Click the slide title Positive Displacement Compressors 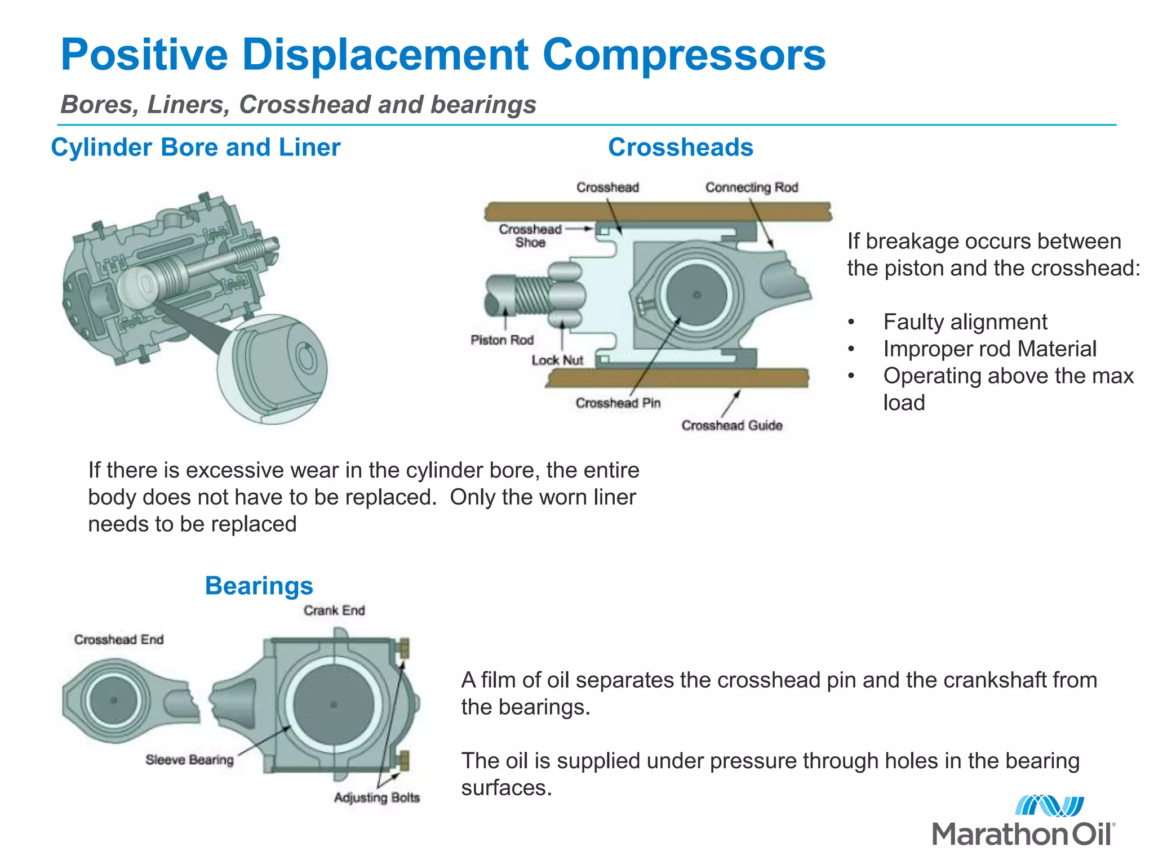pos(443,55)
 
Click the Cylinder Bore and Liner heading pos(196,148)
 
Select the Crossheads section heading pos(680,148)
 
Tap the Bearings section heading pos(259,586)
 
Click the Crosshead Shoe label pos(530,236)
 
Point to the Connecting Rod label pos(752,188)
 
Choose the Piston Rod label pos(502,340)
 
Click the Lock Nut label pos(557,360)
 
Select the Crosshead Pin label pos(618,403)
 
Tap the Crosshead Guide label pos(732,426)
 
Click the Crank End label pos(334,610)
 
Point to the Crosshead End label pos(119,640)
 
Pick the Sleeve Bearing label pos(189,760)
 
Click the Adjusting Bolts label pos(376,798)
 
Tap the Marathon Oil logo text pos(1023,834)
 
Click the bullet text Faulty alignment pos(965,322)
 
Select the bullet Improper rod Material pos(989,349)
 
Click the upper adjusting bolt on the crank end pos(403,648)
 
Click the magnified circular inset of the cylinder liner pos(272,369)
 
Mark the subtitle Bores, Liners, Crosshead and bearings pos(298,105)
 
